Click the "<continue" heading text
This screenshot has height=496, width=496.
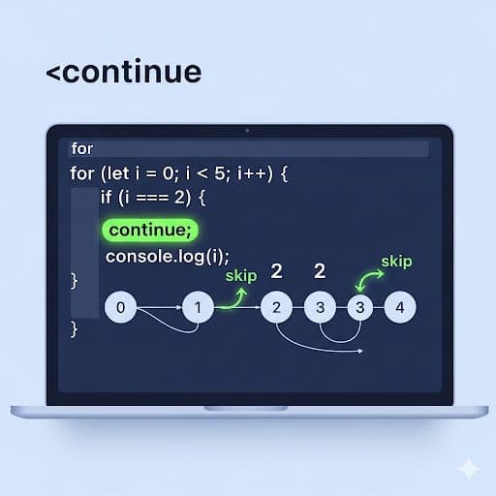pyautogui.click(x=123, y=73)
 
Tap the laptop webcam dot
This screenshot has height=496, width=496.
pyautogui.click(x=247, y=129)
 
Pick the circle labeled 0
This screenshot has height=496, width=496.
pyautogui.click(x=120, y=309)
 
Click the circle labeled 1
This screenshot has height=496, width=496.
pyautogui.click(x=199, y=309)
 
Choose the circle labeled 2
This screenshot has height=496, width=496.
pyautogui.click(x=276, y=309)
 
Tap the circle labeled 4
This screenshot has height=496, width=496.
pyautogui.click(x=400, y=309)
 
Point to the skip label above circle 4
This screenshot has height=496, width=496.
pyautogui.click(x=397, y=262)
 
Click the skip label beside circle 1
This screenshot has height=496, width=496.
pyautogui.click(x=241, y=276)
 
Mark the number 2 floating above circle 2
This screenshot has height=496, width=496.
pyautogui.click(x=276, y=271)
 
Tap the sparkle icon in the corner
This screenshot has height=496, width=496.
pyautogui.click(x=469, y=469)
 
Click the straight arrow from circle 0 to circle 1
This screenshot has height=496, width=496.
pyautogui.click(x=160, y=309)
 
